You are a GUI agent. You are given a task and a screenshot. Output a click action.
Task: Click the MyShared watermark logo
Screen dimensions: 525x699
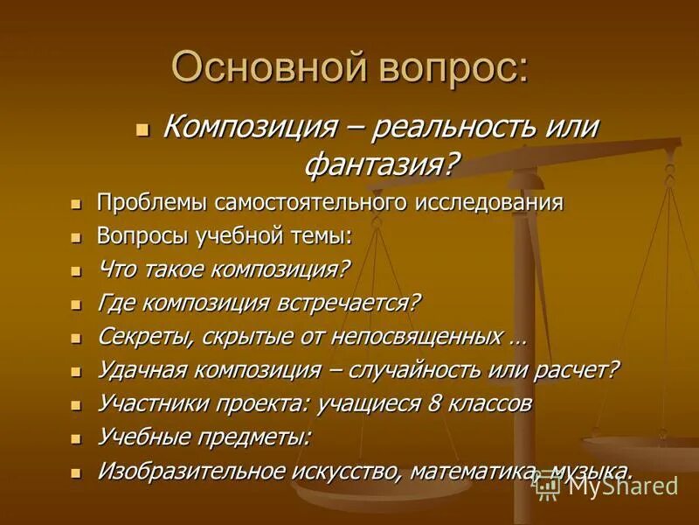click(x=608, y=484)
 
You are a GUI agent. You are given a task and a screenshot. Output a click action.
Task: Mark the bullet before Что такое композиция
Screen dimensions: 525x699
click(x=77, y=271)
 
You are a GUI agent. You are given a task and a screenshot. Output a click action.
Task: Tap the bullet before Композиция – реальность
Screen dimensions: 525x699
click(x=143, y=129)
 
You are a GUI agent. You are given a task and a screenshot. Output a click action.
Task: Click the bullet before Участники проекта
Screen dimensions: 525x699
click(x=77, y=406)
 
